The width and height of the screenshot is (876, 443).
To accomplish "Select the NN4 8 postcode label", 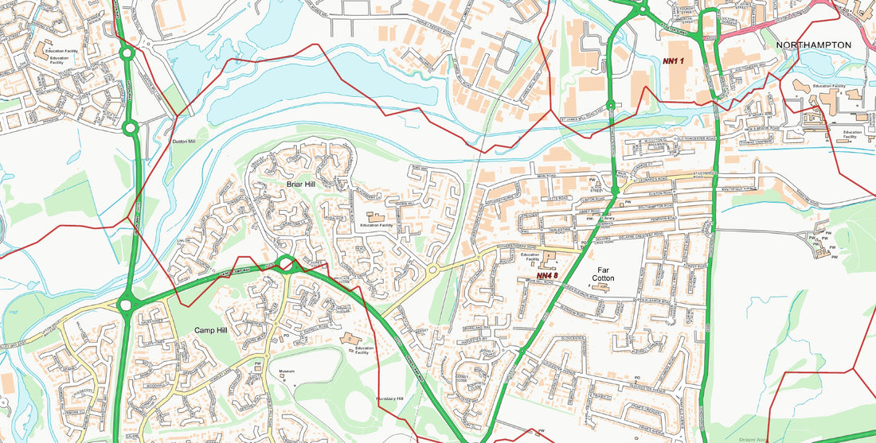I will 546,275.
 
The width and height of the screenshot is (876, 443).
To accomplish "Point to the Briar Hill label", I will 302,184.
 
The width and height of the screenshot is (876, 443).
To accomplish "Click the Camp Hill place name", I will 211,329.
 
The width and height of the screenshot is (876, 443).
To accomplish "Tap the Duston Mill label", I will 184,142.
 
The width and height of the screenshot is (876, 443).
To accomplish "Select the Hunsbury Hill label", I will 389,398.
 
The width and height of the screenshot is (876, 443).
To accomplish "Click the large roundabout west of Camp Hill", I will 125,304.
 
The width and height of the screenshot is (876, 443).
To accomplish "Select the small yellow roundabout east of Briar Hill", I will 433,270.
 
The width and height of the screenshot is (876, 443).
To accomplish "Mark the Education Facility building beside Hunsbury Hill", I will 350,340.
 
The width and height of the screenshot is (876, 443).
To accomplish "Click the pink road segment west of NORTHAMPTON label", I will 765,26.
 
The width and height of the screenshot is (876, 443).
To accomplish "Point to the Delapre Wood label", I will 752,438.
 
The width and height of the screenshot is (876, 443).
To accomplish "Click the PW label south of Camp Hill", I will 258,364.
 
